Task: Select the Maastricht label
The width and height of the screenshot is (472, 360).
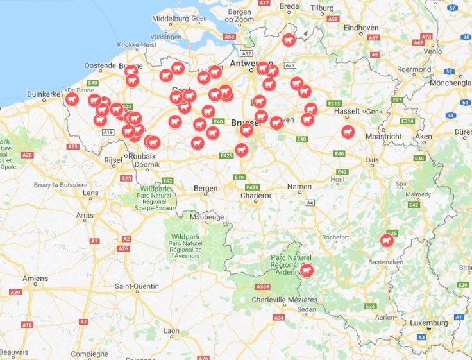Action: pos(383,137)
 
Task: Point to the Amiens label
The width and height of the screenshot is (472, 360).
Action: pos(35,279)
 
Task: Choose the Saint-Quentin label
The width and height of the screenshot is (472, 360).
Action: pos(137,286)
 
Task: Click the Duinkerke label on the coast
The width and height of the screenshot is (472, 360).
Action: pos(44,94)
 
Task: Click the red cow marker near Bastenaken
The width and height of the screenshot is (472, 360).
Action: pos(387,240)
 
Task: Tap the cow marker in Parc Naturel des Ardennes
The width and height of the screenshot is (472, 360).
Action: pos(307,271)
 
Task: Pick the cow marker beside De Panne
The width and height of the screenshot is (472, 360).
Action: pos(72,99)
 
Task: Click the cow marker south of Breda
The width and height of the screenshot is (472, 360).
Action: pos(289,40)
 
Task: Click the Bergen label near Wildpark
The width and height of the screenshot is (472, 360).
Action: pos(206,189)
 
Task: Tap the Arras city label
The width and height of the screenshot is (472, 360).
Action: pos(85,216)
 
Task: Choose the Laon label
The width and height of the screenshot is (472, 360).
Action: pos(171,331)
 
